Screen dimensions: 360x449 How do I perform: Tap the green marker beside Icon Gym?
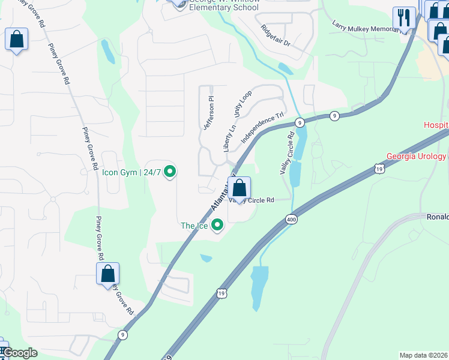[170, 173]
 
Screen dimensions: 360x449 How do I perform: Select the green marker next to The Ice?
[217, 226]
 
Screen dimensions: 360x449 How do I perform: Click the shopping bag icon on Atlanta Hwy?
[239, 189]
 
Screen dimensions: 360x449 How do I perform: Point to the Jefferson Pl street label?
[208, 113]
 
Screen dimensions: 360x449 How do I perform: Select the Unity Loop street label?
[243, 104]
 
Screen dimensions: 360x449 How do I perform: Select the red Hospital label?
[436, 125]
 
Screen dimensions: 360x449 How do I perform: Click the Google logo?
[20, 353]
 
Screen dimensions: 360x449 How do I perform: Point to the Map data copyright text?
[423, 355]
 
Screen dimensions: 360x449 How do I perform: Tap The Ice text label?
[194, 226]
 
